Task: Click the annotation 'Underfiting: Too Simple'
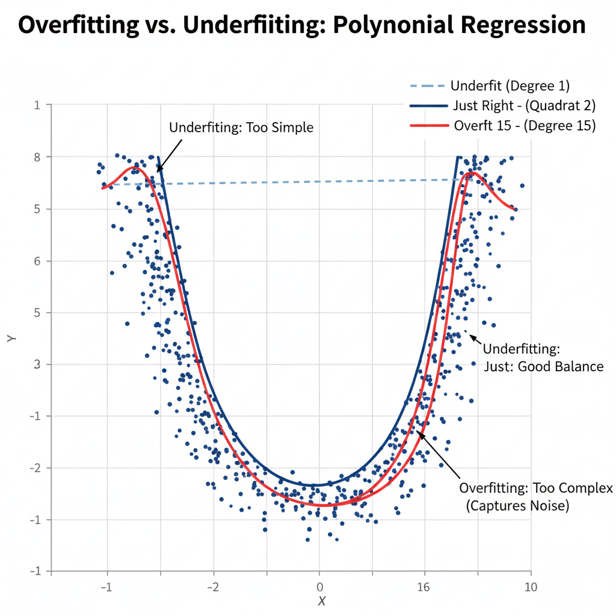pos(241,128)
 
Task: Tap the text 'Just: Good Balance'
pos(543,366)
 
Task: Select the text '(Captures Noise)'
pos(517,506)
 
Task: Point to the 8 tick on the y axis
pos(37,157)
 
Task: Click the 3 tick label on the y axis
pos(37,365)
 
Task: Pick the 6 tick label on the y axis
pos(37,261)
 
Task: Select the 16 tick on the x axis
pos(424,587)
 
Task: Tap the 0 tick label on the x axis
pos(319,587)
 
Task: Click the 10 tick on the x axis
pos(530,587)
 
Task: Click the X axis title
pos(322,601)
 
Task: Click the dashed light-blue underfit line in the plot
pos(301,182)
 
